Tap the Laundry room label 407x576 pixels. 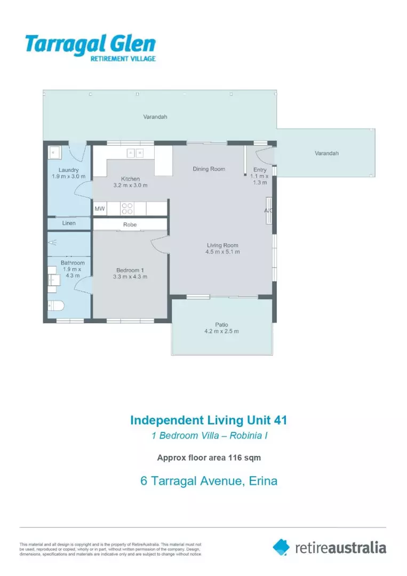69,170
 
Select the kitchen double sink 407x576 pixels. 135,153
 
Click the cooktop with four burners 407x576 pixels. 127,208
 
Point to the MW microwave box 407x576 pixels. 100,209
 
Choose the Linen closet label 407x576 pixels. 69,223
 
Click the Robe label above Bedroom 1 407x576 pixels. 130,225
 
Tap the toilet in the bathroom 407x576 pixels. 56,306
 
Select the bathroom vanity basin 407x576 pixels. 53,279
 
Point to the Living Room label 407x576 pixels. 222,245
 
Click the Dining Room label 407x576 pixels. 209,169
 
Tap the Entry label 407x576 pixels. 260,170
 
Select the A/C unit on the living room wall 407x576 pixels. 269,210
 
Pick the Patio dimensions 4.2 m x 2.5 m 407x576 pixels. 221,331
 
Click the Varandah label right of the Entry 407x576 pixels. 326,153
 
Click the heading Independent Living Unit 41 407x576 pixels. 209,420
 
